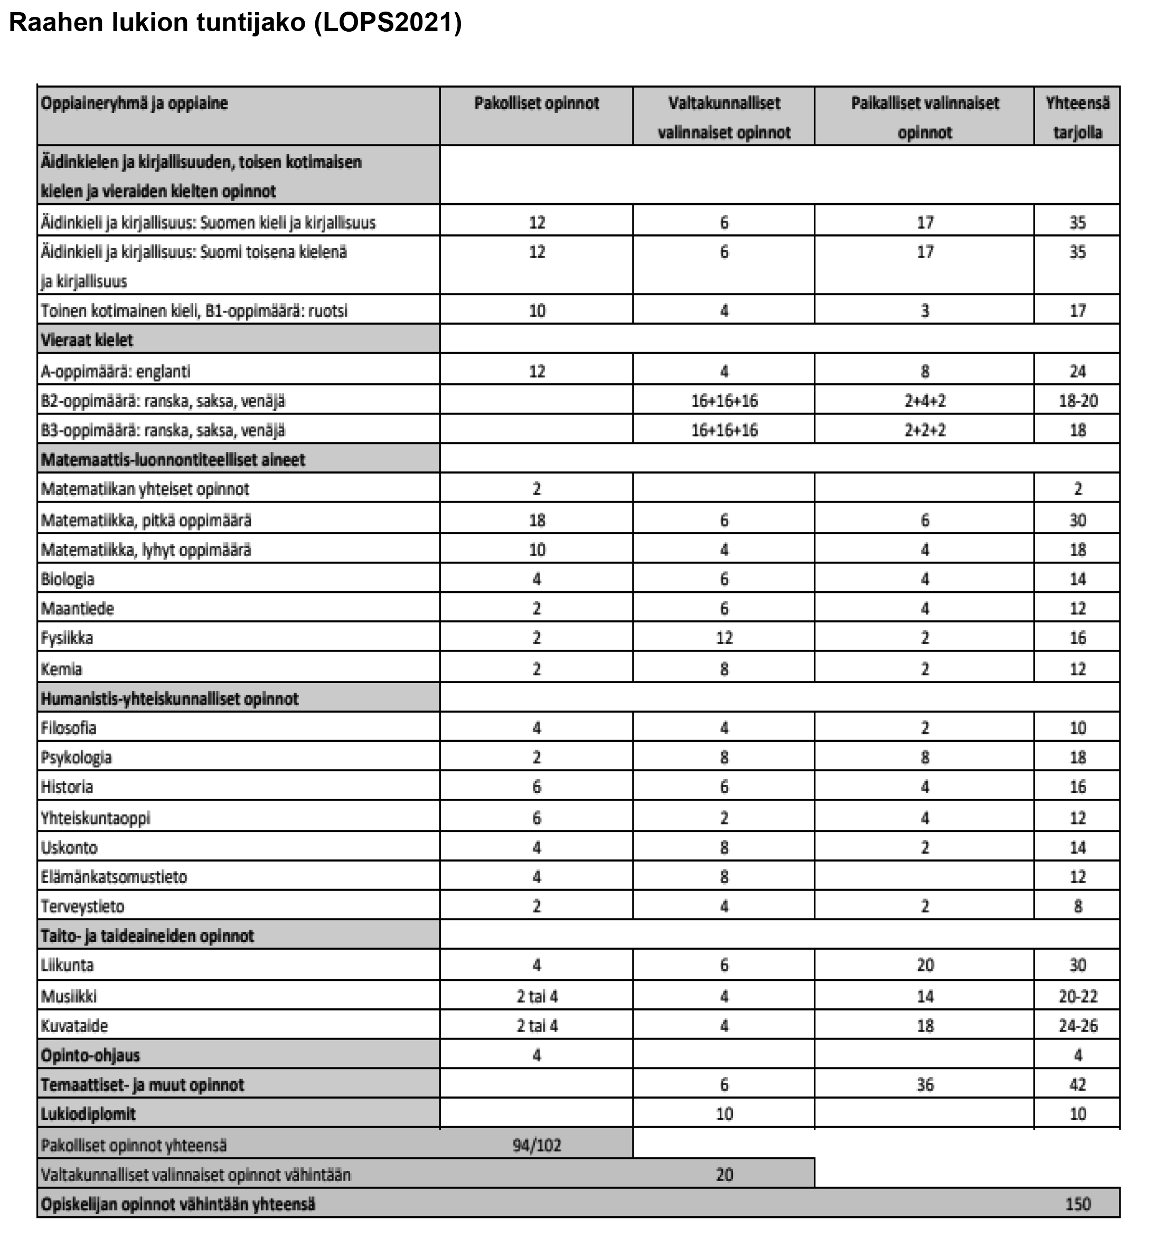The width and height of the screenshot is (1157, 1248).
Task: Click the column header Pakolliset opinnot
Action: (x=536, y=103)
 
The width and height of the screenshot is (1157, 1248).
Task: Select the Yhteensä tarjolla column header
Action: (x=1077, y=117)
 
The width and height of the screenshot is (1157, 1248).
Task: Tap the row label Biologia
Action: (x=68, y=579)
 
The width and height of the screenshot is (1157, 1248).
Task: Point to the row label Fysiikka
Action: (x=67, y=638)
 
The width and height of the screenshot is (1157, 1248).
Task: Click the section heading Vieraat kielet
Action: (x=87, y=341)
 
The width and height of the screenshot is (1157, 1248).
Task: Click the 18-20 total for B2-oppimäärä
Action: (x=1077, y=401)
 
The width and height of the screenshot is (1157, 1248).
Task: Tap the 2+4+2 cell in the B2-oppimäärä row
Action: (x=925, y=401)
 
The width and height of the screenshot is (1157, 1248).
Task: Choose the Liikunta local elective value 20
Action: (x=925, y=965)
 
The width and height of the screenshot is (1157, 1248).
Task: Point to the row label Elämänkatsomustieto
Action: (x=114, y=877)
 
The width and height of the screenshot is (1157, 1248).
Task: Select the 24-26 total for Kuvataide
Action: (x=1077, y=1026)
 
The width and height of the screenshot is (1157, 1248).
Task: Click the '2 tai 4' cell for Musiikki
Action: (x=537, y=996)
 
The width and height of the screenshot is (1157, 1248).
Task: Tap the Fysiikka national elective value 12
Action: (x=724, y=638)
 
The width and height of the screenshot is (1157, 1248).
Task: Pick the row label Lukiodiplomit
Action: (x=88, y=1114)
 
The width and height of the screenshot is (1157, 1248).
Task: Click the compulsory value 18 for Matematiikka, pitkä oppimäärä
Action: (x=537, y=520)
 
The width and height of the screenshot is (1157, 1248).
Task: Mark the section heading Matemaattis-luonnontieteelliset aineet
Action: (x=173, y=460)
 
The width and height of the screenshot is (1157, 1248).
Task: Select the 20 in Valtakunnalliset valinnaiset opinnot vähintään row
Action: (x=724, y=1175)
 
